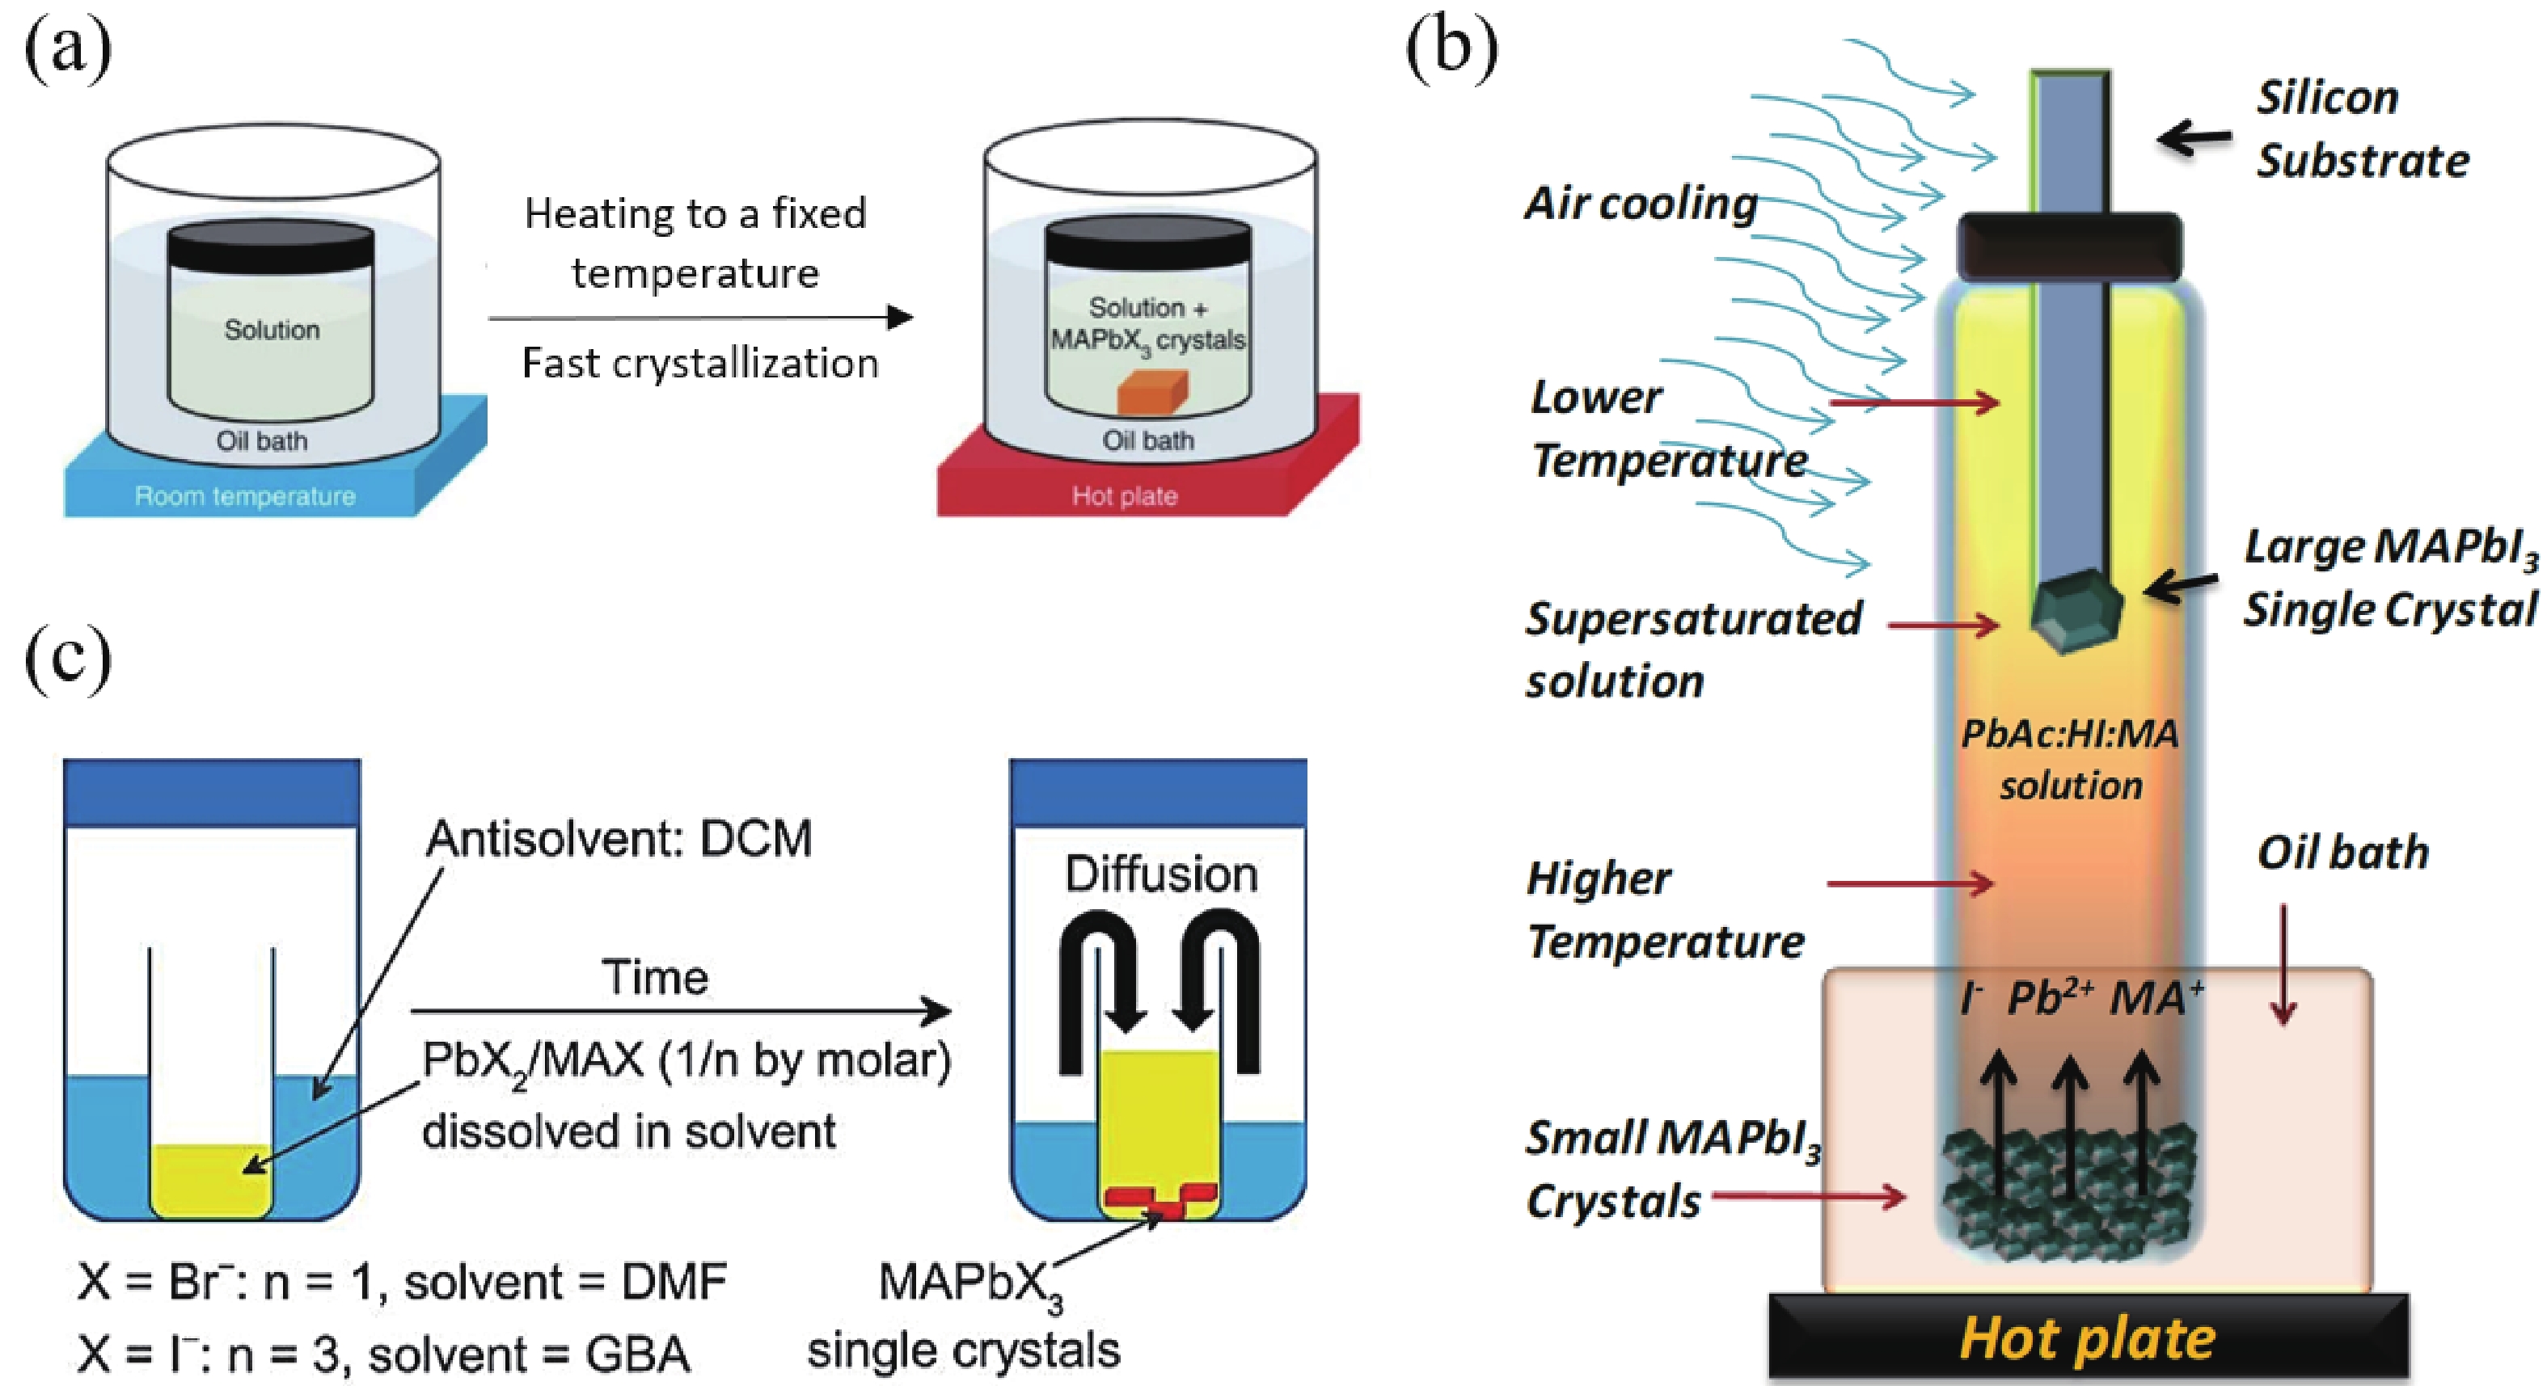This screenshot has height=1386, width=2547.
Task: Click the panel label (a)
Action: [x=67, y=48]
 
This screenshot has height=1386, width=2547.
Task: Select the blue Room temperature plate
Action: [x=245, y=495]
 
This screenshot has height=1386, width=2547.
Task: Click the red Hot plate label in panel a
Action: [x=1124, y=495]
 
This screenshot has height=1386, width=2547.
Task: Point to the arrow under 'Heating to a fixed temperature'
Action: [x=700, y=318]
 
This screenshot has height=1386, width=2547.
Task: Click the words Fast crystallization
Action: [x=700, y=364]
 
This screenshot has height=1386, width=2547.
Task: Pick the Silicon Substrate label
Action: [x=2361, y=129]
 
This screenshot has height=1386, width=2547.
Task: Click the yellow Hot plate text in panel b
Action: [x=2087, y=1340]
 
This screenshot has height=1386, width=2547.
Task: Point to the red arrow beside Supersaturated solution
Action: [x=1943, y=625]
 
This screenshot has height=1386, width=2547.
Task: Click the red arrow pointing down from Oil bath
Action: [x=2283, y=964]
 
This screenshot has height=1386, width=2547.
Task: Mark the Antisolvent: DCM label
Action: [x=619, y=838]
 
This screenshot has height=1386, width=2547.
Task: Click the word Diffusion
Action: [x=1161, y=874]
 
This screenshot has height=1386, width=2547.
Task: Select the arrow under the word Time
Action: [x=680, y=1010]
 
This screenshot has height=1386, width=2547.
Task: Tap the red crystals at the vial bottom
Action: [x=1159, y=1200]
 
